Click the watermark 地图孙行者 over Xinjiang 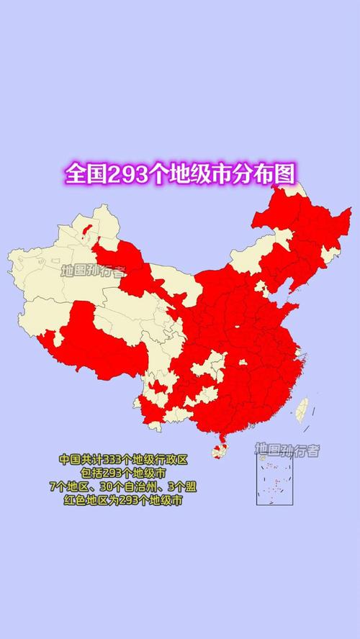coord(94,271)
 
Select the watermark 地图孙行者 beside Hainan coord(287,450)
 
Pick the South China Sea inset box coord(277,480)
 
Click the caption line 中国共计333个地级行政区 coord(122,459)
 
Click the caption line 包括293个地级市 coord(122,473)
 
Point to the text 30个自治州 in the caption coord(127,486)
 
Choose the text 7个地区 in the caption coord(70,486)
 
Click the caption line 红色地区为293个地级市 coord(122,500)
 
